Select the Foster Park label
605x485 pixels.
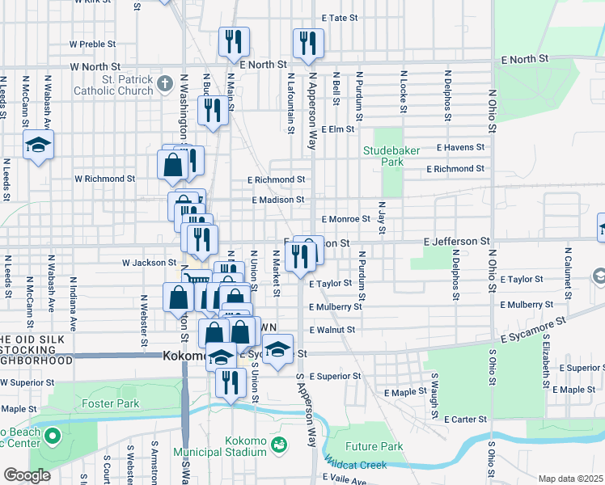point(110,403)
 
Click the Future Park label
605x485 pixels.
point(374,446)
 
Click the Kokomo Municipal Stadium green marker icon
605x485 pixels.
point(278,444)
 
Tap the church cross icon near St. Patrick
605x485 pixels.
point(165,82)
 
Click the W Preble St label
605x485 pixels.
point(95,44)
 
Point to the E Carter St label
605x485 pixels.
point(466,420)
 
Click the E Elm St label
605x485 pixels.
point(338,129)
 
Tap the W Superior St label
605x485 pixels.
point(27,382)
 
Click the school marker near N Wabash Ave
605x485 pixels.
point(38,146)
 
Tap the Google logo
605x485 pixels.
point(27,475)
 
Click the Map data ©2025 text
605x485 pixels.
point(570,479)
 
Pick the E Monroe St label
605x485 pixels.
point(345,219)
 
